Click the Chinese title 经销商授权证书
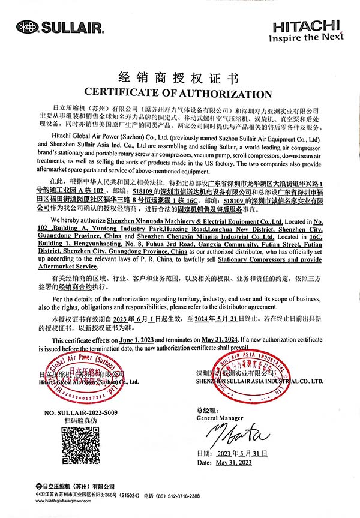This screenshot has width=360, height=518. pos(179,79)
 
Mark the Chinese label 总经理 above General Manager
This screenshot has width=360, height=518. pos(206,410)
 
